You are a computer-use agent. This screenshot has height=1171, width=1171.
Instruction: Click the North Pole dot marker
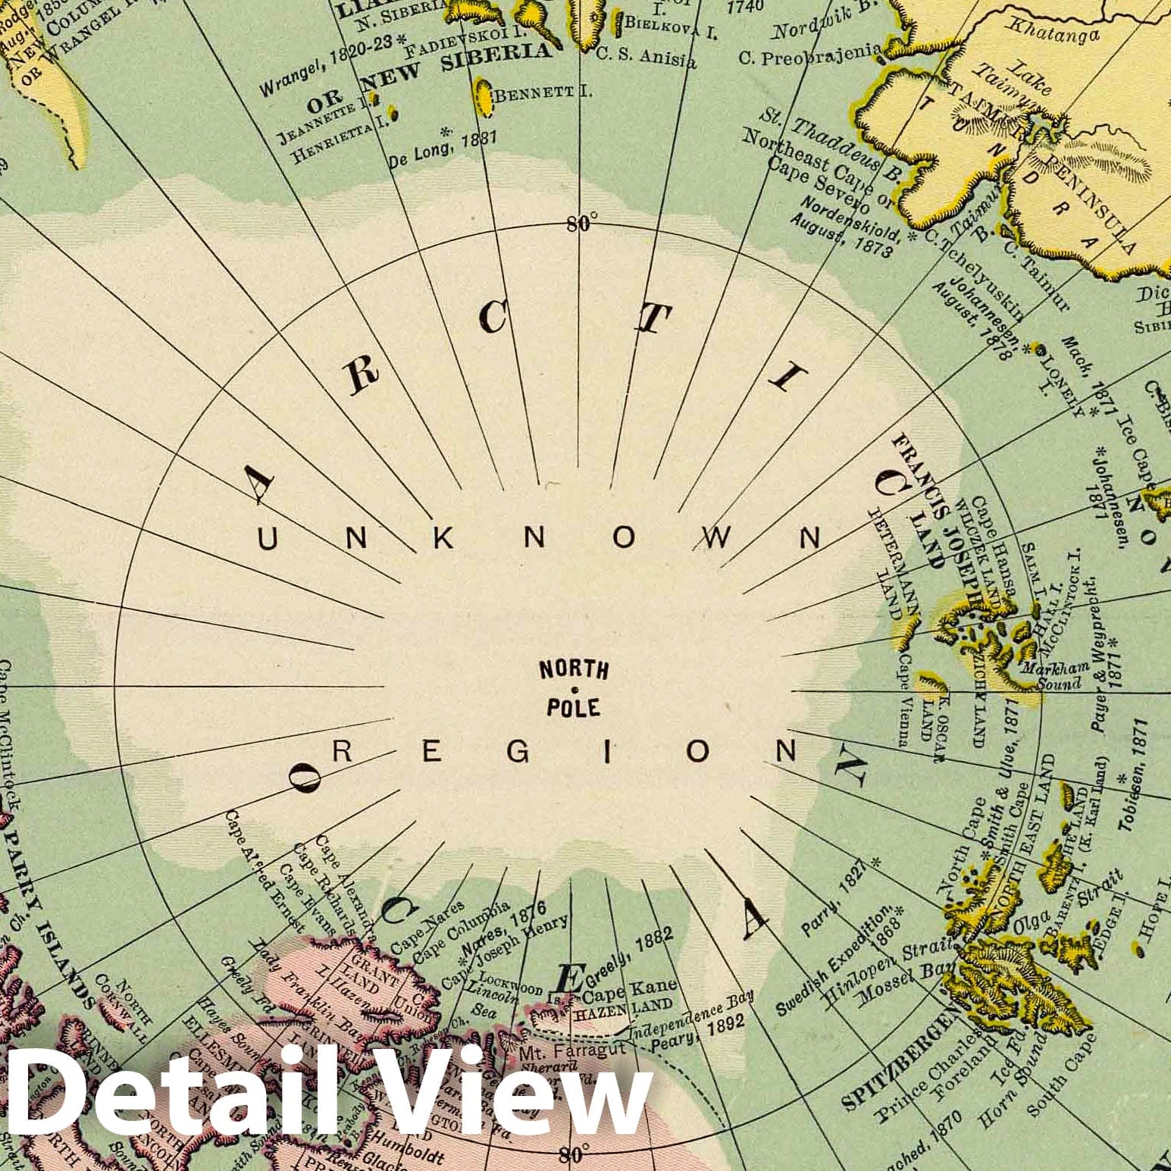[574, 690]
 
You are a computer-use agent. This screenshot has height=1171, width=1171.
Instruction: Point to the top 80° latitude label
[581, 223]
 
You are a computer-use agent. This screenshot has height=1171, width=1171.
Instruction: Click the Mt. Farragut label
[572, 1051]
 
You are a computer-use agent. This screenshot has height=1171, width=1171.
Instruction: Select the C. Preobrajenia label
[809, 55]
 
